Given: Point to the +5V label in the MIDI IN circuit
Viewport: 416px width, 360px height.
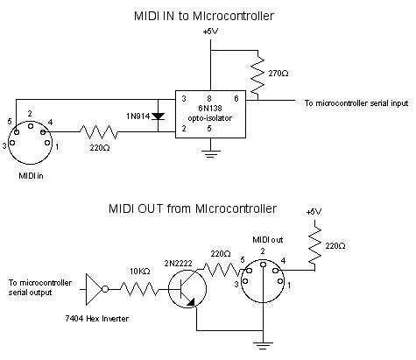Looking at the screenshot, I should tap(210, 32).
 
